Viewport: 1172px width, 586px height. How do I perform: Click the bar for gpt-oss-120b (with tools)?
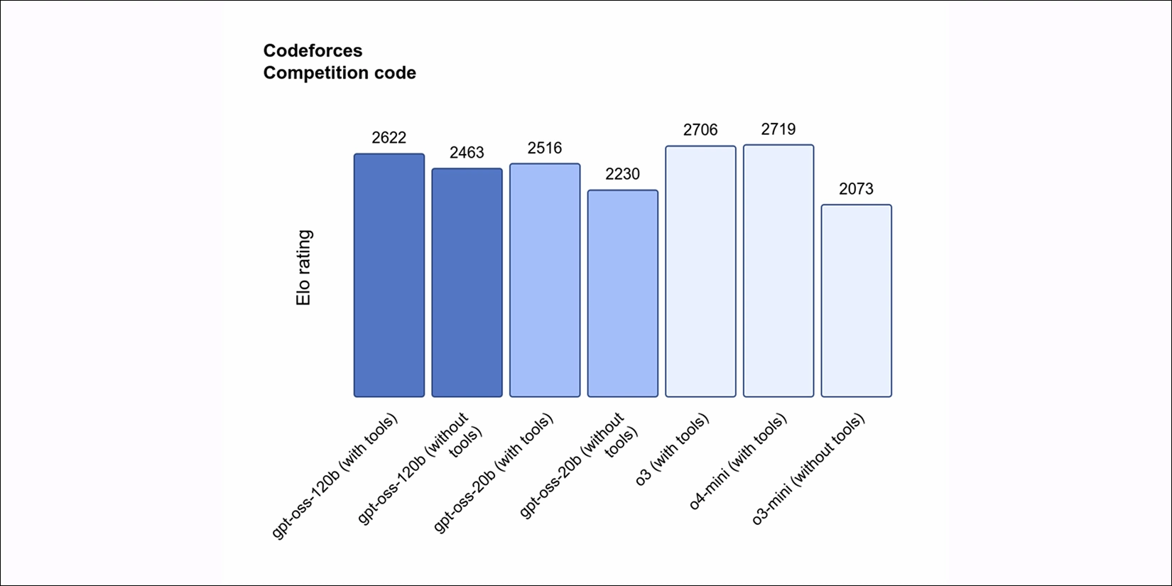389,276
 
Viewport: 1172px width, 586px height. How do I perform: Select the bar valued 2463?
467,283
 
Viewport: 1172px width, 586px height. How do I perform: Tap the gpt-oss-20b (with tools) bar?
545,281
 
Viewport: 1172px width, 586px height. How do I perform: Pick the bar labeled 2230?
622,293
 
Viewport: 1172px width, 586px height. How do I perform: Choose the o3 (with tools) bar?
700,271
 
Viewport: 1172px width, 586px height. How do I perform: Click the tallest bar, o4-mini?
778,271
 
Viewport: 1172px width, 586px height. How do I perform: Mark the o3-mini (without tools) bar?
856,300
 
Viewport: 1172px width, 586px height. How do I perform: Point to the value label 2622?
389,138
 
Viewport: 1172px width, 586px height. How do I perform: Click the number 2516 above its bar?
545,148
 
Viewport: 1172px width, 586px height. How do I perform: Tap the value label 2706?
700,130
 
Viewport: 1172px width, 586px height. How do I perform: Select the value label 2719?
778,129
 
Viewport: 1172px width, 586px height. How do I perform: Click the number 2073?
856,189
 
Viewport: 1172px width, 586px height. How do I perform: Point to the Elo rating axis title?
303,268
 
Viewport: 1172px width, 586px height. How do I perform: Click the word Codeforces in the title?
313,50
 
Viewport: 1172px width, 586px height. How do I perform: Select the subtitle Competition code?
340,73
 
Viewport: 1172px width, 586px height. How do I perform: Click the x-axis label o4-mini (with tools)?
738,462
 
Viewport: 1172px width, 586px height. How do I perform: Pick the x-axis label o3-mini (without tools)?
808,470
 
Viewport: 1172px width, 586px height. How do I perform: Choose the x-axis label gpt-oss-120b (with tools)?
335,476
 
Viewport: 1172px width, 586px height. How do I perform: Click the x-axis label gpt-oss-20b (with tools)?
494,473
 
